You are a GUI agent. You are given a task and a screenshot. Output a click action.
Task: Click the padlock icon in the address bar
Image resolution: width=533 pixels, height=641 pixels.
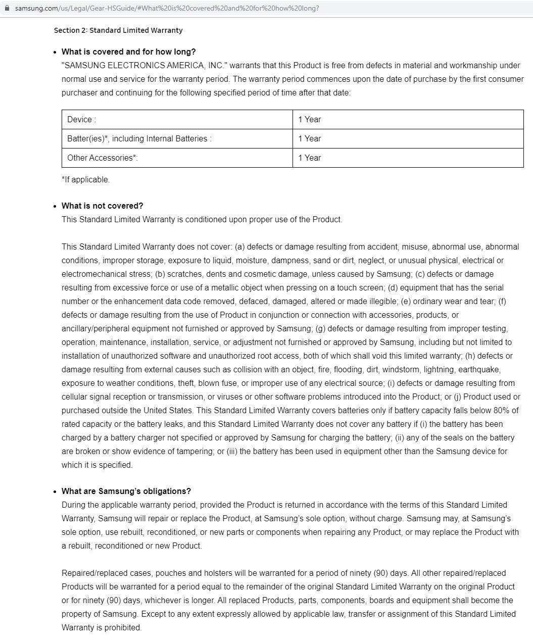pos(7,8)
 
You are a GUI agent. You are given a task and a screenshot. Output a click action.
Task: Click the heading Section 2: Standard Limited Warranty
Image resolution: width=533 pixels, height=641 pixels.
pos(118,30)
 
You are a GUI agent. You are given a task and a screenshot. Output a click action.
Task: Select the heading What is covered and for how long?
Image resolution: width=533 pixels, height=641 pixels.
pos(128,52)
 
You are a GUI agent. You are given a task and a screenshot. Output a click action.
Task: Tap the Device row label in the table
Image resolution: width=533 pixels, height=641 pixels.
pos(81,120)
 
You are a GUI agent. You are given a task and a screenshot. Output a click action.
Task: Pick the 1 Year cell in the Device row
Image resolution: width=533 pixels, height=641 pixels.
pos(309,120)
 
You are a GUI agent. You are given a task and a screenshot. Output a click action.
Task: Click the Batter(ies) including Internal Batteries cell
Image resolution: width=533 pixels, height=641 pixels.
pos(139,139)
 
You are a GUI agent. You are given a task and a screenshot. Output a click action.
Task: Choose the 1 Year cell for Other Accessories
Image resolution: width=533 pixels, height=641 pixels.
pos(309,158)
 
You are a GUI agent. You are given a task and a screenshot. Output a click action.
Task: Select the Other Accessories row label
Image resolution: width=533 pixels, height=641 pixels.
pos(102,158)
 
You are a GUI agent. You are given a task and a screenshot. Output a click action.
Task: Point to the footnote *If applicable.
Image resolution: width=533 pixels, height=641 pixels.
pos(85,180)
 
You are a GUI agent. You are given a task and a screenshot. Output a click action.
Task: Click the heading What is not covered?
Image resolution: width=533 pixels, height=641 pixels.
pos(102,206)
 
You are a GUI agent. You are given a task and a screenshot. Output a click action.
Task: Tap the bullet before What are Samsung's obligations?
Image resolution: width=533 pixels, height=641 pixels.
pos(55,491)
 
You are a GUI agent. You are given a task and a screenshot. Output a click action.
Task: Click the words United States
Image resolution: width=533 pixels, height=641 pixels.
pos(168,411)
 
